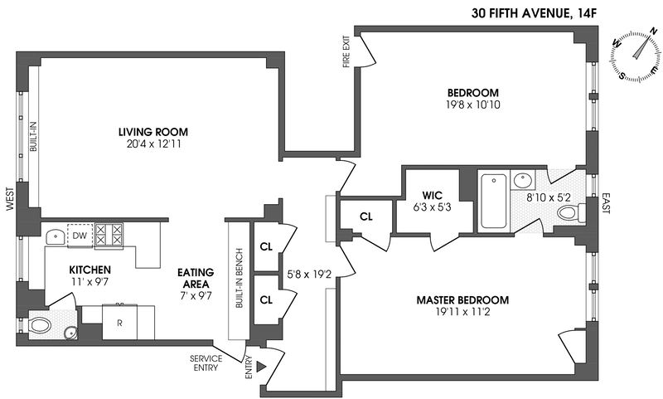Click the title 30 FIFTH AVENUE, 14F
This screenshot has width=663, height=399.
pos(539,12)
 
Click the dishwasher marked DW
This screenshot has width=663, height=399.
pos(80,236)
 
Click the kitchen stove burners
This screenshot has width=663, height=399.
pos(109,235)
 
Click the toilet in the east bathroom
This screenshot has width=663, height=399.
pos(569,213)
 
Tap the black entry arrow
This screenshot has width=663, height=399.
pos(263,366)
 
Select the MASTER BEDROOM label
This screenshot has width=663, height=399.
pos(462,299)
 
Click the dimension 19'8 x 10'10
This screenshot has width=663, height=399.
pos(473,105)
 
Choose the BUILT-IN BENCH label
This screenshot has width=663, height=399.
pos(239,279)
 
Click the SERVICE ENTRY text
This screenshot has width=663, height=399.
pos(204,363)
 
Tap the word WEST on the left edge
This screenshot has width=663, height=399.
pos(9,198)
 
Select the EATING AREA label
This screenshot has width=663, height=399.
pos(196,277)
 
